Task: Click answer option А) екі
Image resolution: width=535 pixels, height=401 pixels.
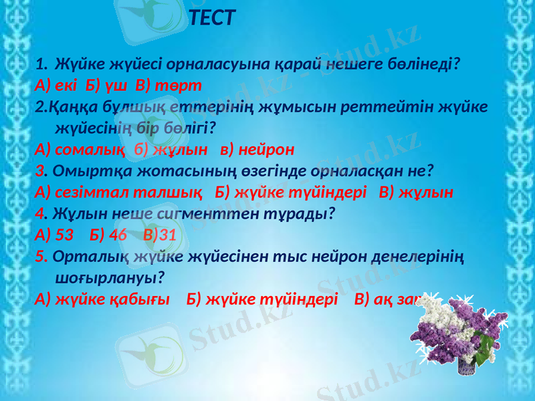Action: (56, 86)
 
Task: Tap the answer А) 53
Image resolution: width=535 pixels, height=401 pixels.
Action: (53, 235)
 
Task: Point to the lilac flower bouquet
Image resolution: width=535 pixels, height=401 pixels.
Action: (455, 333)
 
